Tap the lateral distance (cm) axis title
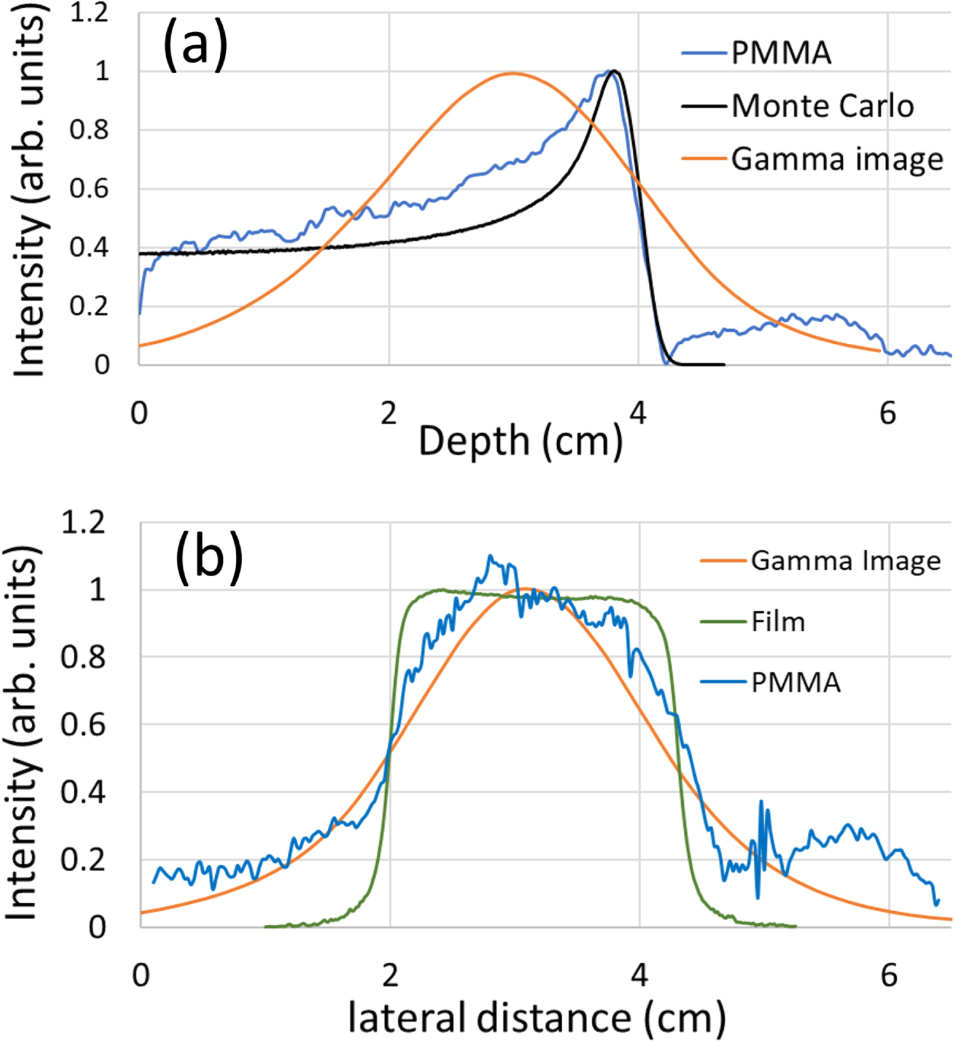[537, 1017]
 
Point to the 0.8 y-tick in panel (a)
[89, 130]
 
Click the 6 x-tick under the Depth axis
[888, 414]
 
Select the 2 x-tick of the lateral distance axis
[390, 975]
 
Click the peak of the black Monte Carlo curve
[614, 71]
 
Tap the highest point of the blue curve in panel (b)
[490, 556]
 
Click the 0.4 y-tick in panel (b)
[83, 793]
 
